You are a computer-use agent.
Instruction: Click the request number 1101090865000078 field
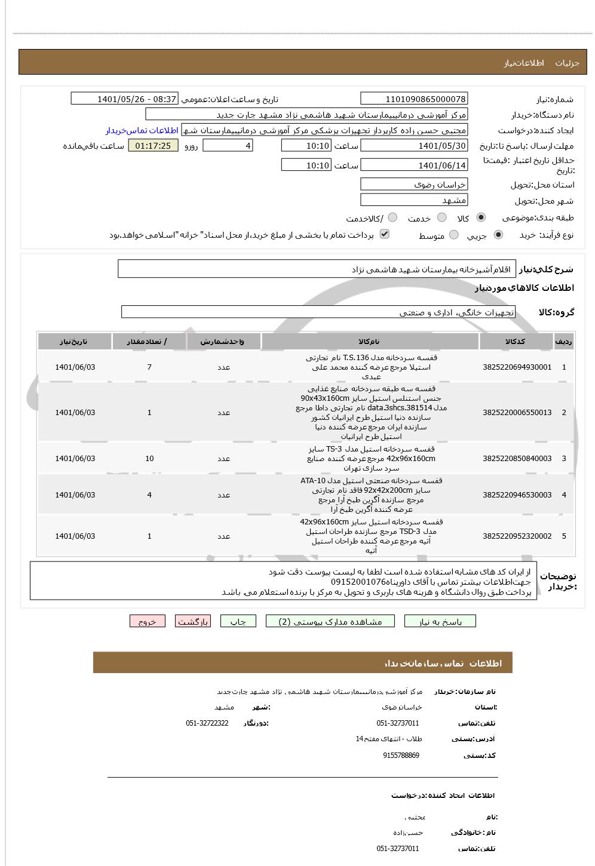414,99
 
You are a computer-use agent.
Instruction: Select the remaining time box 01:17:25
153,146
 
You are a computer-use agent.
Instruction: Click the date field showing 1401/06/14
414,165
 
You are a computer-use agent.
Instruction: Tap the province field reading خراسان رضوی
414,184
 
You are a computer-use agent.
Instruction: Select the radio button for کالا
481,217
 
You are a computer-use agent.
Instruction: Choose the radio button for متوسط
454,235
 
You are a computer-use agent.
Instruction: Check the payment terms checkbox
385,234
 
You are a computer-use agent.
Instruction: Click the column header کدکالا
515,342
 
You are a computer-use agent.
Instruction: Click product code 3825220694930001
517,367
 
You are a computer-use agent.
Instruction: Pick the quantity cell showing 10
149,459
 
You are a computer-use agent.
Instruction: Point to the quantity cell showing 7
149,367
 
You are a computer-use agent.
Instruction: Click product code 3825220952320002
517,536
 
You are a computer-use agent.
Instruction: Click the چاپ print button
238,622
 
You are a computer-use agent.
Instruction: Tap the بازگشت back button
193,622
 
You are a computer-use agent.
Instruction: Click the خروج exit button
147,622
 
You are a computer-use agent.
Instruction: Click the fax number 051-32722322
207,723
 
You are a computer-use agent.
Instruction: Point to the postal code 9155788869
401,756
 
